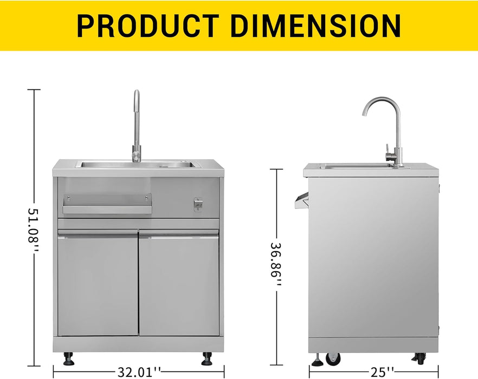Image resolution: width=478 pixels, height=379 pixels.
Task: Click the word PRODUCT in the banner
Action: click(148, 25)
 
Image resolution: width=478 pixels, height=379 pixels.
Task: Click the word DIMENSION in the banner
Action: click(315, 25)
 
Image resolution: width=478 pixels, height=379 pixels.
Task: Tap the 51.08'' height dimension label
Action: click(33, 230)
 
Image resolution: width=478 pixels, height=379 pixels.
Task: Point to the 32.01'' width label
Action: click(139, 372)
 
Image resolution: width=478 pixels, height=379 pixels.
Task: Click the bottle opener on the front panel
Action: click(197, 205)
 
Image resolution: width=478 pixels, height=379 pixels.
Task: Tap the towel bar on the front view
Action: click(107, 204)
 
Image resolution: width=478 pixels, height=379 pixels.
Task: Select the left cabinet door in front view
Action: click(98, 283)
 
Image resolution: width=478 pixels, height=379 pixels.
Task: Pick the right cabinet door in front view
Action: click(179, 283)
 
